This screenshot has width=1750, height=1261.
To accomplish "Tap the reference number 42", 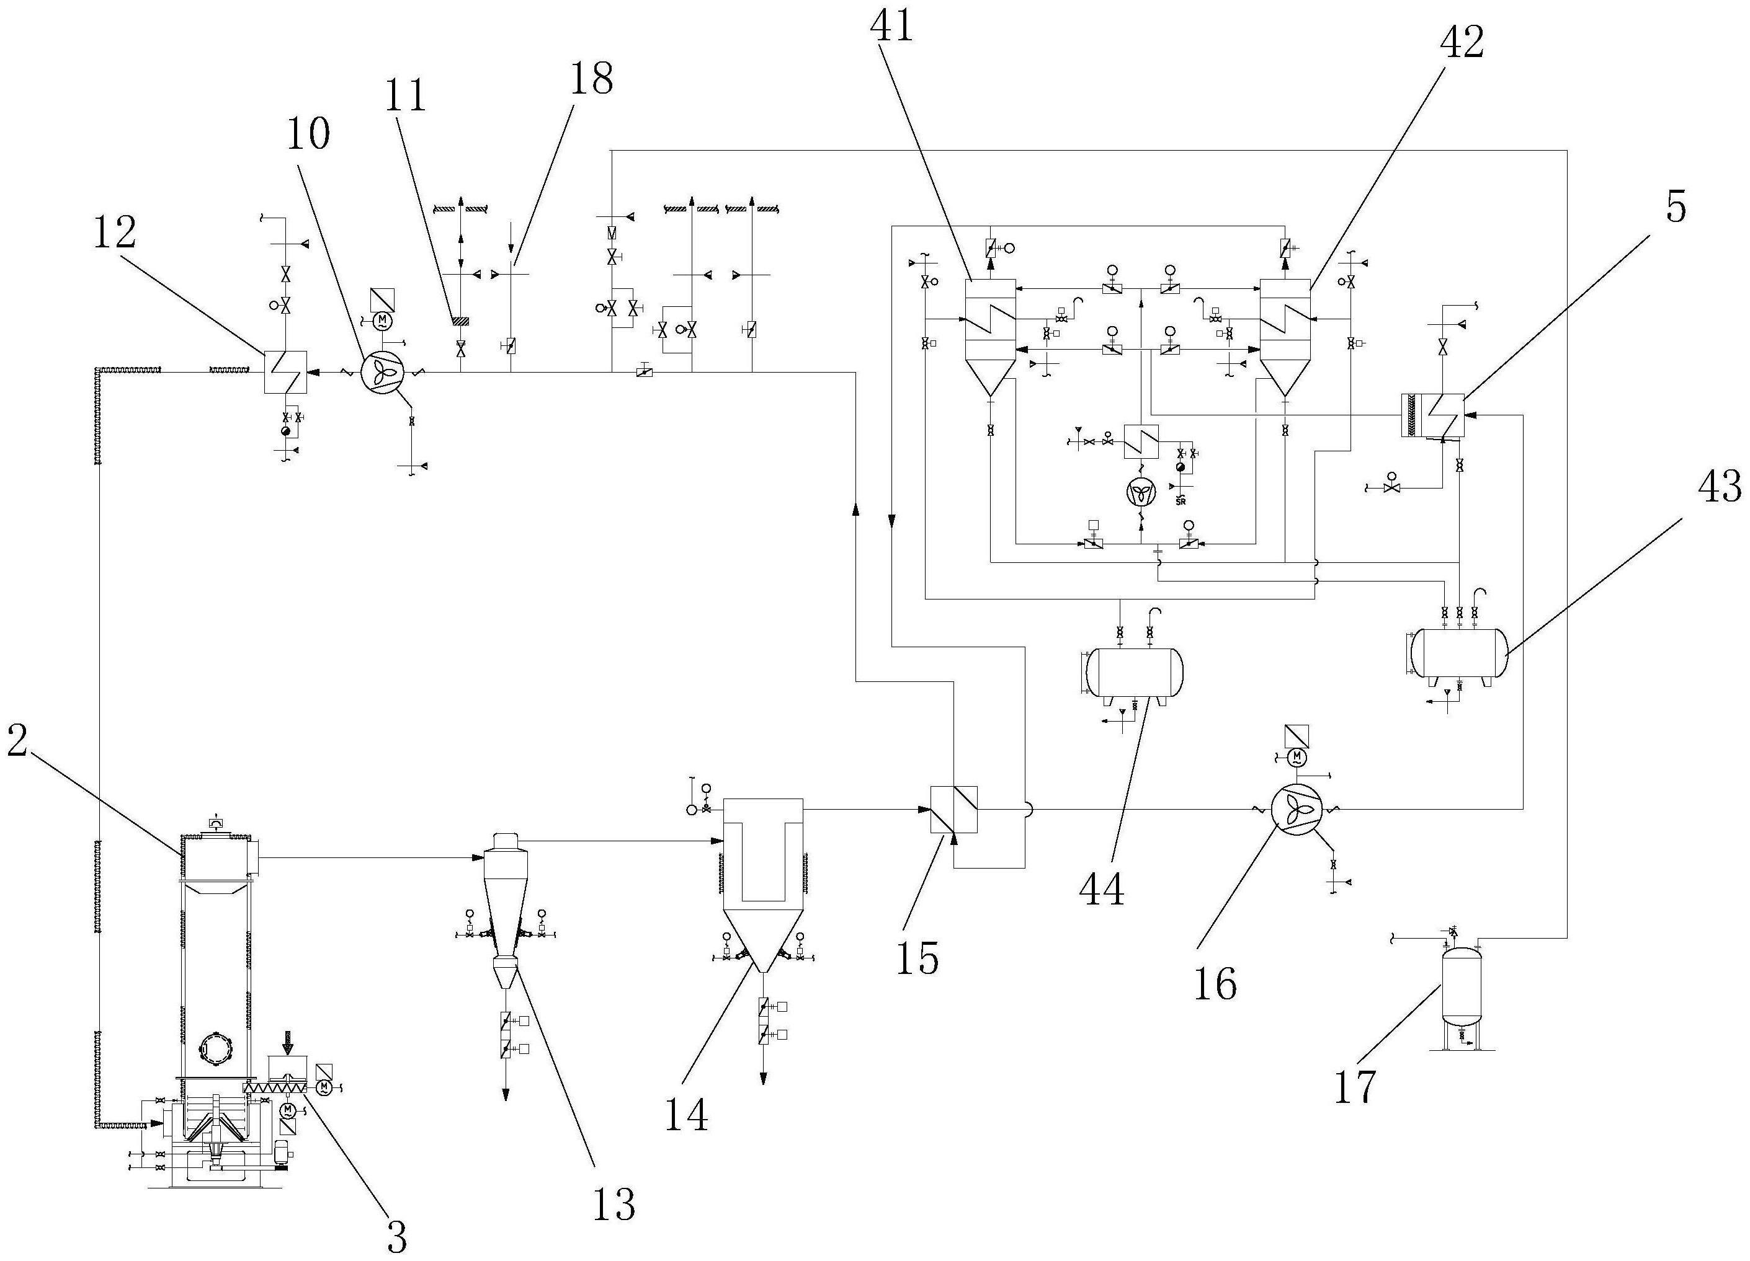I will coord(1462,42).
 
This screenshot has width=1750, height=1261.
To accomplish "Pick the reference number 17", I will coord(1355,1086).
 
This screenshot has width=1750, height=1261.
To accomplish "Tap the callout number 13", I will coord(614,1204).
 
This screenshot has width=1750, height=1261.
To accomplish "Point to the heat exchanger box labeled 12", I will coord(285,372).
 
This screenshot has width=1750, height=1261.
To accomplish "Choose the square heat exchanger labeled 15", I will coord(953,809).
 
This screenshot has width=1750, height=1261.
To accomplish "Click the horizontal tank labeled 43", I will coord(1458,653).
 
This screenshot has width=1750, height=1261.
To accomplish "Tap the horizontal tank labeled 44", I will coord(1133,672).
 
